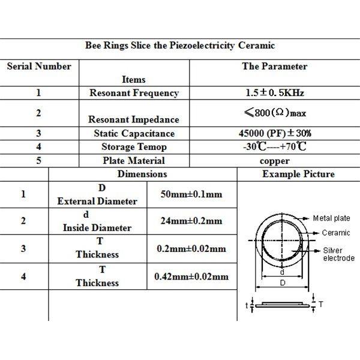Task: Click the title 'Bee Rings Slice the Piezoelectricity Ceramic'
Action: point(180,46)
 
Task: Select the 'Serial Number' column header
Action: point(39,67)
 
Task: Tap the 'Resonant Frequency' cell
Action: point(134,93)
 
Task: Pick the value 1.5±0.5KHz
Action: point(275,93)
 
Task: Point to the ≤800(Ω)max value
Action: point(275,113)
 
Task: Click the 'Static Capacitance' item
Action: point(134,133)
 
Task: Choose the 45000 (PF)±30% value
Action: point(275,133)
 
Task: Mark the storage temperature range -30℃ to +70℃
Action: point(275,146)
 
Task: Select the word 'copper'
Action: point(275,161)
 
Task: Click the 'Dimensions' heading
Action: point(142,174)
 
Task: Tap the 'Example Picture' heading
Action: point(298,174)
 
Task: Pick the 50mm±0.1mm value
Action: point(191,194)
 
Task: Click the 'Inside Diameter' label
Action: point(97,228)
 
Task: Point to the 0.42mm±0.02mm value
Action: point(191,277)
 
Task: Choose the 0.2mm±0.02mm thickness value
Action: point(191,248)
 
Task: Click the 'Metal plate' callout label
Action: point(332,218)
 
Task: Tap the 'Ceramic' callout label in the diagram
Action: point(336,233)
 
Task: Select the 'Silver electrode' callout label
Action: point(339,254)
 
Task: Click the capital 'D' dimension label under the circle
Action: point(283,283)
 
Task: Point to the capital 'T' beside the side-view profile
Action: point(321,305)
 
